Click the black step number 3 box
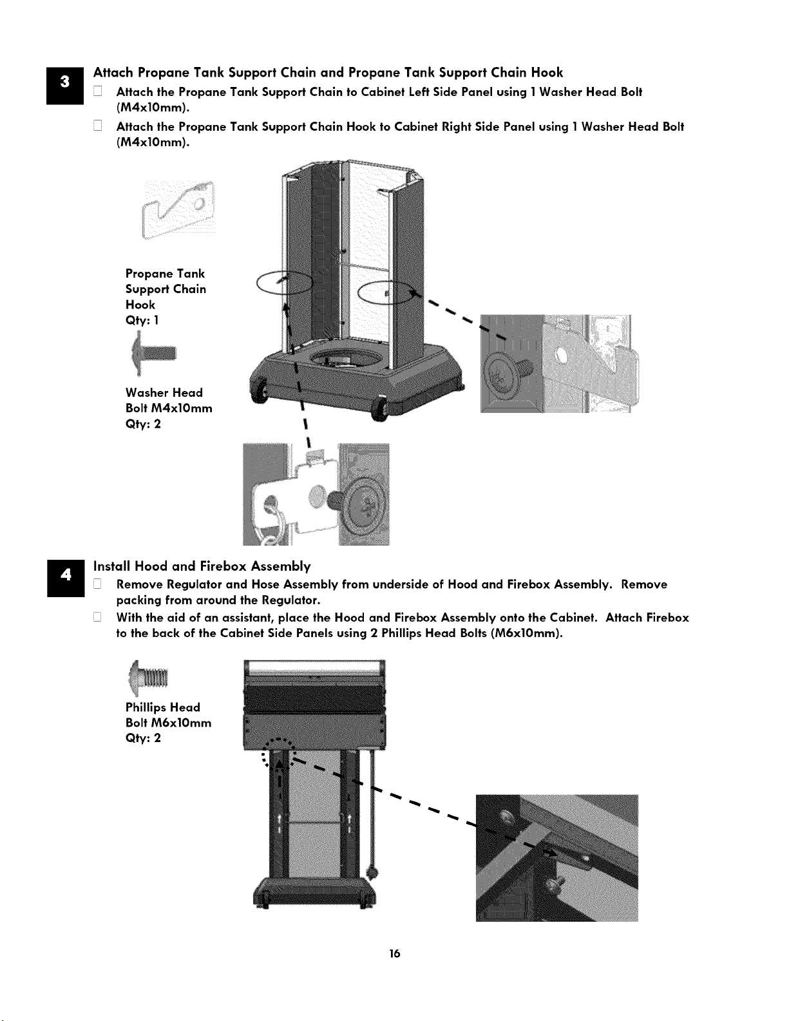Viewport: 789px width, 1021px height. click(x=65, y=86)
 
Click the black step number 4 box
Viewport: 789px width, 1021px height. click(x=66, y=578)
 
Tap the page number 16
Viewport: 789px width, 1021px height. click(x=394, y=953)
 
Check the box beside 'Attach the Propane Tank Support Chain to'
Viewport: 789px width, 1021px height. click(x=98, y=91)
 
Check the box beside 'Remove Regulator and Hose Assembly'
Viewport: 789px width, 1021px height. click(x=97, y=584)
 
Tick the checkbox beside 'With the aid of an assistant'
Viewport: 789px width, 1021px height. click(x=97, y=616)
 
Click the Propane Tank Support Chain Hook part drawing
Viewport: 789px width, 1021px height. click(x=178, y=209)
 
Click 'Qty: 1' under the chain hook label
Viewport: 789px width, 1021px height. click(x=142, y=320)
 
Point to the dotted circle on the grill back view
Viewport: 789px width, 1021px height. click(x=278, y=754)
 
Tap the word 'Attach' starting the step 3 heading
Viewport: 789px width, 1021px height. click(x=113, y=72)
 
